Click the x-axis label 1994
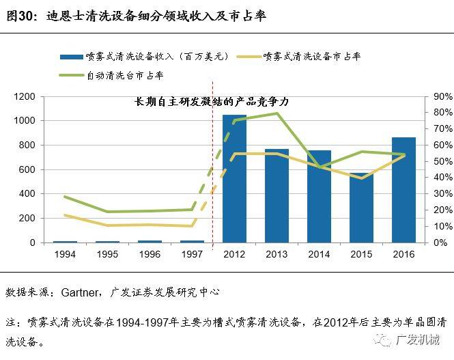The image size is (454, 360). point(66,253)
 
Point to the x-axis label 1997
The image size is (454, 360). point(192,253)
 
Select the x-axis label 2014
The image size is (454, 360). point(319,253)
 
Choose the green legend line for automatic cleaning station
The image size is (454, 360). point(70,75)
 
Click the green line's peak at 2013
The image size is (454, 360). point(277,113)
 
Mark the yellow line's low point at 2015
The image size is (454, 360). point(361,178)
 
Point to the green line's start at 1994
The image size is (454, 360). point(66,197)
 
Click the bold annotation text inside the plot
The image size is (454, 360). point(212,102)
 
